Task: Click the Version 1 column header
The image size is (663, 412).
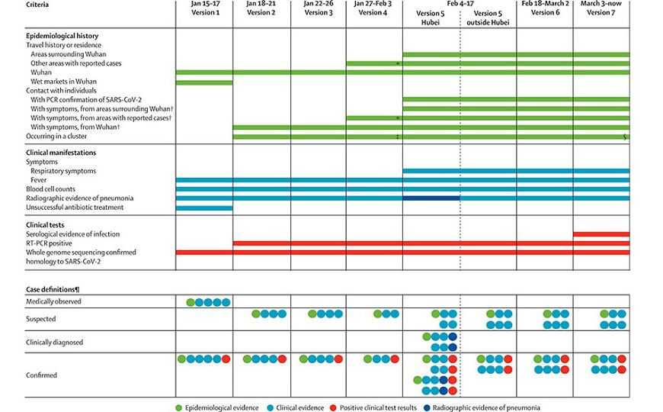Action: click(x=205, y=8)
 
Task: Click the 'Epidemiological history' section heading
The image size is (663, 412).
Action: click(x=62, y=36)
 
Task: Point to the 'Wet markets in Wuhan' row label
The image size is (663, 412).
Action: click(x=61, y=82)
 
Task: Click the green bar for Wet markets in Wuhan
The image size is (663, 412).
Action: click(x=204, y=82)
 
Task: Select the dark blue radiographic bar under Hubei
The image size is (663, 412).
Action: click(x=431, y=198)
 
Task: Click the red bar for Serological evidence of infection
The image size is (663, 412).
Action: click(x=601, y=234)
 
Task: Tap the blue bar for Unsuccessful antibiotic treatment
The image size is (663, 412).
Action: click(x=204, y=208)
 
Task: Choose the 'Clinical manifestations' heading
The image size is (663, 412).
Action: click(x=61, y=153)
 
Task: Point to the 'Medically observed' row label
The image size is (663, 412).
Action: click(x=53, y=301)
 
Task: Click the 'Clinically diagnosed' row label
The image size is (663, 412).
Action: click(x=54, y=342)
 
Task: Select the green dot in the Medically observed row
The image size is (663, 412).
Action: click(x=191, y=302)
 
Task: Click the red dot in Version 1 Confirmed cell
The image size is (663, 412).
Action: click(x=226, y=359)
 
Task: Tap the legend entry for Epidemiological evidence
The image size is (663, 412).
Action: click(x=216, y=407)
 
